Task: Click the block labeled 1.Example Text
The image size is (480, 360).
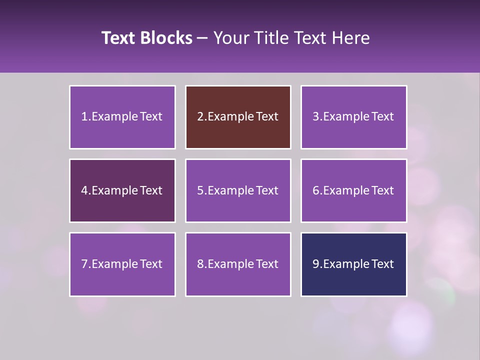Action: tap(122, 117)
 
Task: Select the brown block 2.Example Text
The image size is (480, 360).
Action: tap(238, 117)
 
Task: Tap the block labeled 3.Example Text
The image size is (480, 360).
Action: tap(353, 117)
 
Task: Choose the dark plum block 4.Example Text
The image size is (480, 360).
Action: tap(122, 190)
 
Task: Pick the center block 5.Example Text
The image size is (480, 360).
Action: tap(238, 190)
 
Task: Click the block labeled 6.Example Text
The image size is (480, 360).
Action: tap(353, 190)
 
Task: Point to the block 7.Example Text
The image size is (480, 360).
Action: tap(122, 264)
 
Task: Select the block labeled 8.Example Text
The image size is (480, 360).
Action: tap(238, 264)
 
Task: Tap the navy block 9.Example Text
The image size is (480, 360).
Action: tap(353, 264)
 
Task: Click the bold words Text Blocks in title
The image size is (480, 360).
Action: tap(147, 38)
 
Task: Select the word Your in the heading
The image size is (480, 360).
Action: tap(230, 38)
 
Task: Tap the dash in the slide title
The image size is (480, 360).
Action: tap(202, 38)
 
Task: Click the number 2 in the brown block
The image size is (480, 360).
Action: tap(200, 117)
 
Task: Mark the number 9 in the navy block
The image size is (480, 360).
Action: tap(316, 264)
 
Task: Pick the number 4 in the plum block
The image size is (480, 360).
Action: tap(84, 190)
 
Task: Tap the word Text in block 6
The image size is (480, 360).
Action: tap(383, 190)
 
